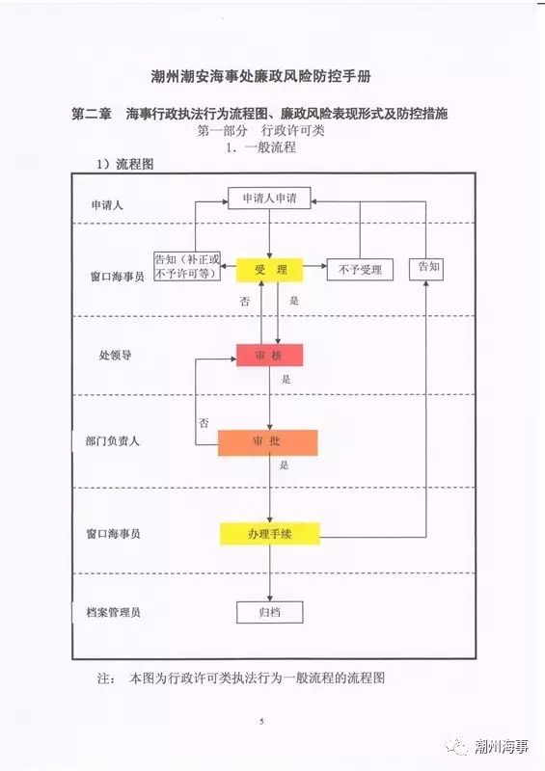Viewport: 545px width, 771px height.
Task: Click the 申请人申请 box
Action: pyautogui.click(x=269, y=199)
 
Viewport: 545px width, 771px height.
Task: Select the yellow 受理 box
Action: pyautogui.click(x=270, y=270)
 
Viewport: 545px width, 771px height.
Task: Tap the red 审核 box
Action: pyautogui.click(x=270, y=355)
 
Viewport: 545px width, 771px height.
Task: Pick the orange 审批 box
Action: pyautogui.click(x=268, y=442)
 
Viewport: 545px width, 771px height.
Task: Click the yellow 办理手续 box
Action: pyautogui.click(x=270, y=534)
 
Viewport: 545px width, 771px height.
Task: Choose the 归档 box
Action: pyautogui.click(x=270, y=613)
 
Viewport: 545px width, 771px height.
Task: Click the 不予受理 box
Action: pyautogui.click(x=361, y=270)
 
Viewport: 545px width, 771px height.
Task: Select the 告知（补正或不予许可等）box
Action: pyautogui.click(x=187, y=267)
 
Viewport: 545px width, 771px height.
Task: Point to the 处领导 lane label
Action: pyautogui.click(x=115, y=355)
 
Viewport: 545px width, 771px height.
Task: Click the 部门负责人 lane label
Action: pyautogui.click(x=113, y=441)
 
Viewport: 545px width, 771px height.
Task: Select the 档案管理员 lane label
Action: pyautogui.click(x=114, y=613)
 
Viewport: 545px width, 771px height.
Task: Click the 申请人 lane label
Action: pyautogui.click(x=107, y=205)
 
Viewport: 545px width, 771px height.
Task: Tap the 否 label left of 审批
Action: pyautogui.click(x=204, y=423)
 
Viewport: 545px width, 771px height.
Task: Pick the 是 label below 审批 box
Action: pyautogui.click(x=284, y=465)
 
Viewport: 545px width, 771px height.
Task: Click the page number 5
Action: pyautogui.click(x=261, y=721)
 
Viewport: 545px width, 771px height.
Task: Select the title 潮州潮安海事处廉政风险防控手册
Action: pyautogui.click(x=261, y=77)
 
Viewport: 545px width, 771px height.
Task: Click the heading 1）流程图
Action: pyautogui.click(x=125, y=164)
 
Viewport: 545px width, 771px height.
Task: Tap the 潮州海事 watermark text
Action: pyautogui.click(x=503, y=746)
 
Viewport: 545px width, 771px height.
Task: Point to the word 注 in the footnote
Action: pyautogui.click(x=104, y=678)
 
